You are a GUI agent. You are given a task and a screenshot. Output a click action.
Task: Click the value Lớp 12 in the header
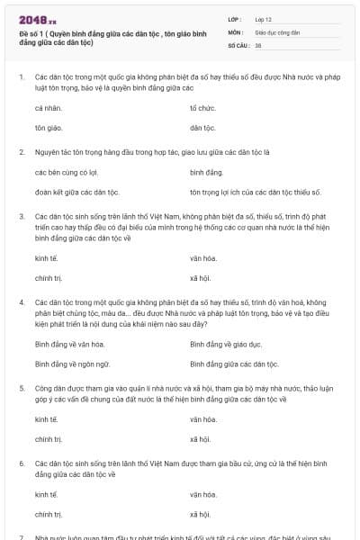click(x=265, y=19)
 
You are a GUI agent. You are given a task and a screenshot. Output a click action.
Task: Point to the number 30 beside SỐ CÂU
click(x=258, y=44)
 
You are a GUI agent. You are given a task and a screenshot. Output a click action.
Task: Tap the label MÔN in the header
click(x=236, y=31)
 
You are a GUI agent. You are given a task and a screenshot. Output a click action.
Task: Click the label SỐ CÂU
click(x=238, y=44)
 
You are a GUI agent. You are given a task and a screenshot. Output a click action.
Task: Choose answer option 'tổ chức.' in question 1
click(x=204, y=108)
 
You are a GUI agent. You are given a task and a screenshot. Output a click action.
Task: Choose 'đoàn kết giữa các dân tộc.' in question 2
click(x=77, y=192)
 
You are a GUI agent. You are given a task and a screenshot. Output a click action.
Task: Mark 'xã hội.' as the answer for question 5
click(x=200, y=439)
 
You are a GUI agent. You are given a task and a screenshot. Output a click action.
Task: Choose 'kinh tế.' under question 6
click(x=46, y=494)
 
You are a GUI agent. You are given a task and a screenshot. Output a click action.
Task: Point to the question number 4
click(x=21, y=301)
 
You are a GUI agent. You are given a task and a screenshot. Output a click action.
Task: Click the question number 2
click(x=21, y=151)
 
